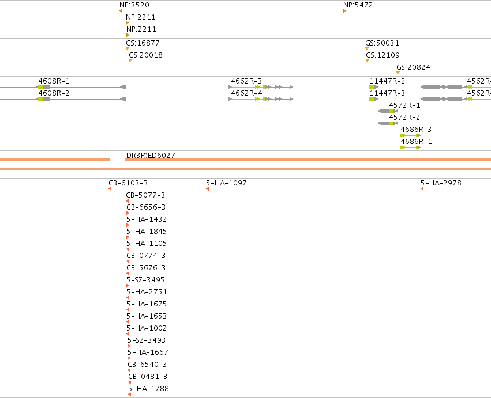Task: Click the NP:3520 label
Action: [x=134, y=5]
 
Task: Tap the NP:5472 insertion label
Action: [x=358, y=5]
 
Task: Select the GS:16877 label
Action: [x=143, y=43]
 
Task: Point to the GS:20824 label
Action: [x=413, y=67]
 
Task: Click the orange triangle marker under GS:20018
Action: [x=130, y=61]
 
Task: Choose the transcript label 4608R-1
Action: [x=54, y=81]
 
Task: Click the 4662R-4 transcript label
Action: [x=247, y=93]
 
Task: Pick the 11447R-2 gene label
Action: [x=387, y=81]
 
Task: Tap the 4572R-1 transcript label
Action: [x=404, y=105]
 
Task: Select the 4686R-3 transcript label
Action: [x=416, y=130]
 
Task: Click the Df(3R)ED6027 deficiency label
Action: [x=151, y=156]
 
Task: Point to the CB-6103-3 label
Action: [x=128, y=183]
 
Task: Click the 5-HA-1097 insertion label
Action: [x=226, y=183]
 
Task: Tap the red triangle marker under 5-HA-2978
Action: [x=422, y=189]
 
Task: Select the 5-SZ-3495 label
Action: [x=145, y=279]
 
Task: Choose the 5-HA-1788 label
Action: [x=148, y=389]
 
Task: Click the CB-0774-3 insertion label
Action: [x=146, y=255]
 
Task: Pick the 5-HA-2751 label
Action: [x=147, y=291]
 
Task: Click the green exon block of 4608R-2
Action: [x=40, y=99]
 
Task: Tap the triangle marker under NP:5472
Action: [x=345, y=11]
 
